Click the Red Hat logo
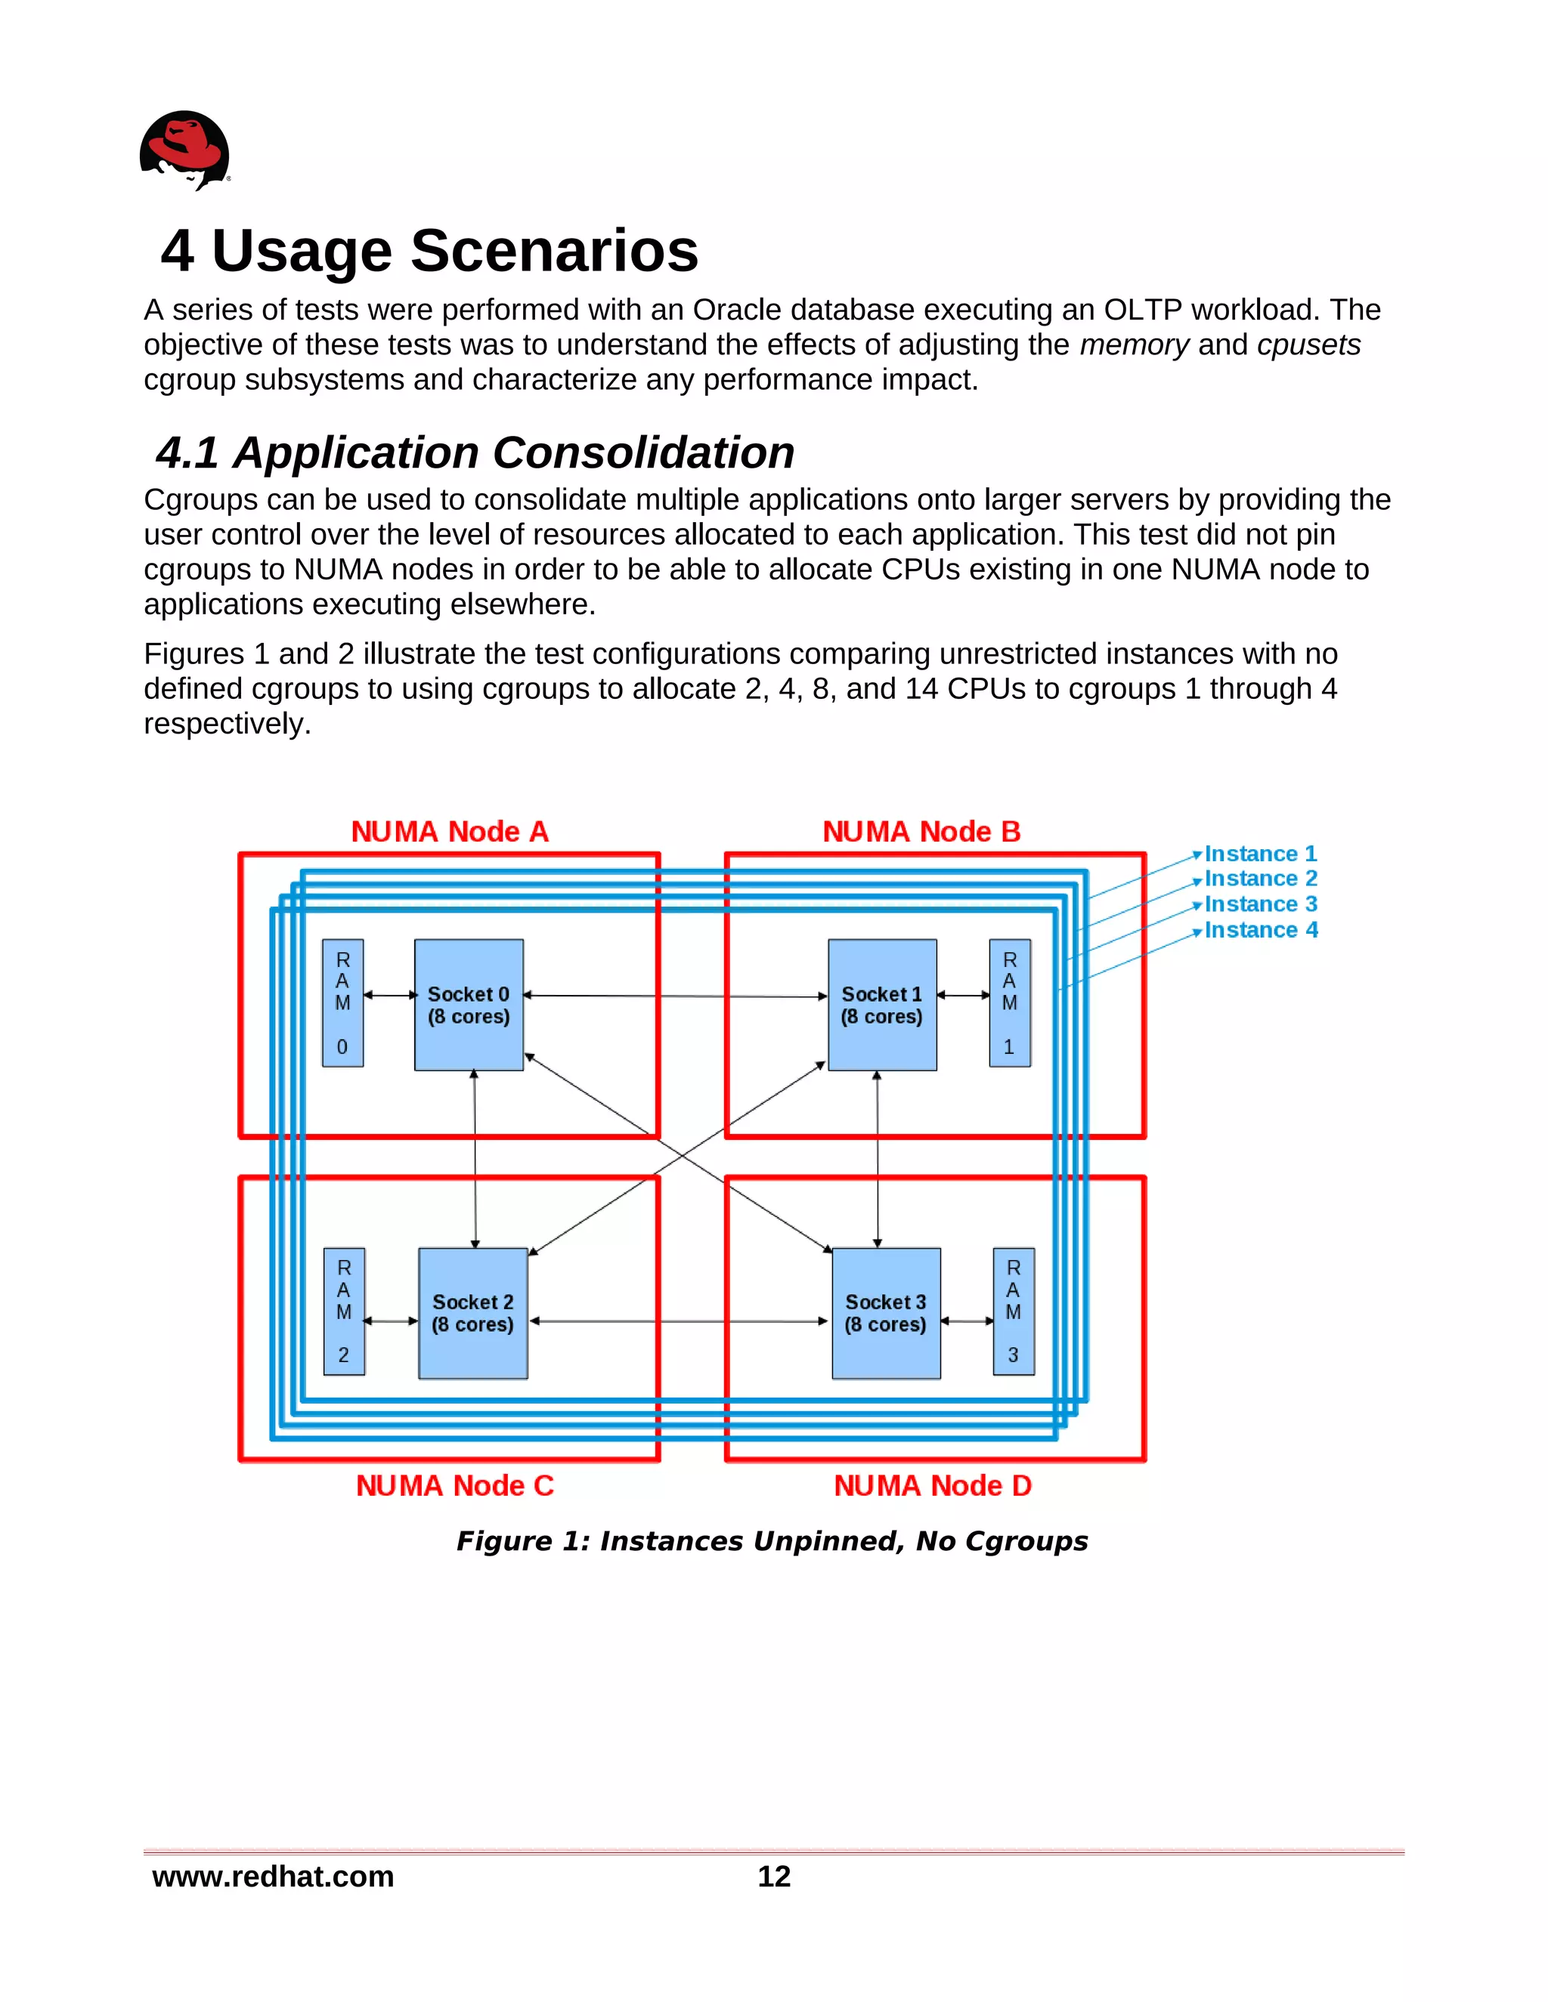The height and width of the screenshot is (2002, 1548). tap(184, 150)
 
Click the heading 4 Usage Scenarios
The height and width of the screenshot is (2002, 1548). tap(429, 250)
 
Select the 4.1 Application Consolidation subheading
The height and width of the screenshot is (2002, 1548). tap(474, 452)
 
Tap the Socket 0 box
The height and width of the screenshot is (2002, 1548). tap(469, 1005)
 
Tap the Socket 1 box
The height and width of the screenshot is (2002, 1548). tap(882, 1005)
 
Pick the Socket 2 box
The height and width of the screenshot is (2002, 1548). tap(472, 1313)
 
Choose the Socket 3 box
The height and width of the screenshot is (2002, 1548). tap(886, 1313)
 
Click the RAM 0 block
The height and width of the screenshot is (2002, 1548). tap(342, 1003)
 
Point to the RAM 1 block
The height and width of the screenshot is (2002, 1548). tap(1010, 1003)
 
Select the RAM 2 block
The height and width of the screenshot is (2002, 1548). tap(344, 1311)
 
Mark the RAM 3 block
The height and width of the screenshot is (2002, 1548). tap(1014, 1311)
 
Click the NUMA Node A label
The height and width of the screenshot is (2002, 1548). tap(450, 832)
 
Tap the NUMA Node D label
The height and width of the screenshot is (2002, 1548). tap(933, 1485)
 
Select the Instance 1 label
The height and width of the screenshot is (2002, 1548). tap(1260, 854)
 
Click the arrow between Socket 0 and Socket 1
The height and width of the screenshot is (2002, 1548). tap(675, 996)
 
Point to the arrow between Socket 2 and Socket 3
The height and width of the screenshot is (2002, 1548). tap(679, 1321)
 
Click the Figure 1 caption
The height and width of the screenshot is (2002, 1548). tap(772, 1541)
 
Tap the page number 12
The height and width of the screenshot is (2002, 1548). tap(774, 1877)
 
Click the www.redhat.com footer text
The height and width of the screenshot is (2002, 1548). tap(274, 1877)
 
